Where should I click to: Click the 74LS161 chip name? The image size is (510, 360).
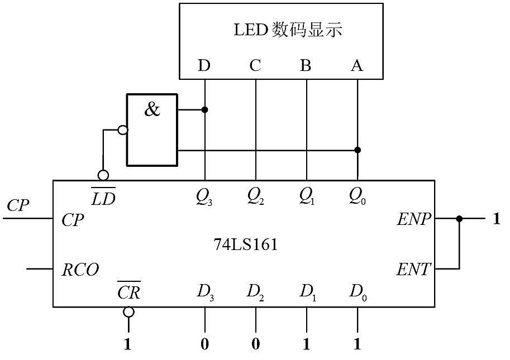coord(246,244)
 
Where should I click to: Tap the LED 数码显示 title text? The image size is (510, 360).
coord(288,30)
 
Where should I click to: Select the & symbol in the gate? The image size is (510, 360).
coord(152,109)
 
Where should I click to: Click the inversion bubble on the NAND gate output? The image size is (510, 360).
coord(123,130)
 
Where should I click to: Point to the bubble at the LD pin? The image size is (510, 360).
coord(103,175)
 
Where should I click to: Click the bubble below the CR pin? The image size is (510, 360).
coord(128,312)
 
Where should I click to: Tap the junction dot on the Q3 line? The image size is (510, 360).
coord(204,109)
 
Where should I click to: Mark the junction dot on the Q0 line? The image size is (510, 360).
coord(358,150)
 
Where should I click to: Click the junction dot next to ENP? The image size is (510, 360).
coord(459,219)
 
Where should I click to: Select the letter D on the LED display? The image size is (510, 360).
coord(204,65)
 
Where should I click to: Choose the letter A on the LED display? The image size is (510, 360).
coord(357,65)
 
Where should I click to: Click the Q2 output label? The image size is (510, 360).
coord(255,196)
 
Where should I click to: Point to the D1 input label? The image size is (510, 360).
coord(307,292)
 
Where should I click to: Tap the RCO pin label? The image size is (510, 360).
coord(80,270)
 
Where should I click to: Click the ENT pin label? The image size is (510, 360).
coord(413,270)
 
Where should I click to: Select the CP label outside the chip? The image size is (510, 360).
coord(18,205)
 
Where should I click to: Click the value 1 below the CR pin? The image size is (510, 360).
coord(127,344)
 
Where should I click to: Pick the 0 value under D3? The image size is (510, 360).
coord(204,344)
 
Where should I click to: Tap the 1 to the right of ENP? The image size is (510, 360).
coord(496,219)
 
